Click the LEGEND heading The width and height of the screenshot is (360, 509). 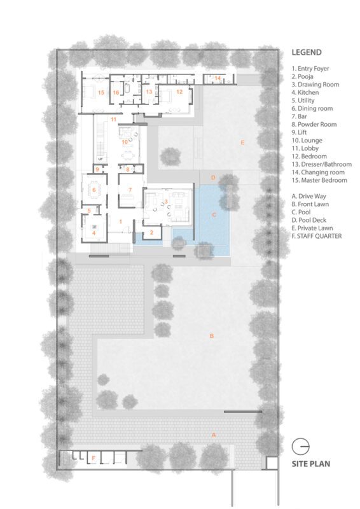(307, 52)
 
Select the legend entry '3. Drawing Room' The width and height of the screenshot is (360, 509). (315, 85)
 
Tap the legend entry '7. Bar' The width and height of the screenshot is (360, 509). (299, 116)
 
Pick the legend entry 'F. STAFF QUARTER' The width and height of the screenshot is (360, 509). (317, 236)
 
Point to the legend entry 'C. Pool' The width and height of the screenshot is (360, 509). (301, 212)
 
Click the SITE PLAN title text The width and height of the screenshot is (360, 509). (310, 464)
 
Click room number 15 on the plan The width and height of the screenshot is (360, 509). (101, 92)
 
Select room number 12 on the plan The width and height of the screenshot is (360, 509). (179, 92)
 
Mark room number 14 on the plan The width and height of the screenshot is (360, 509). (218, 78)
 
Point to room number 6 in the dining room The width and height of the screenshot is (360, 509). (94, 190)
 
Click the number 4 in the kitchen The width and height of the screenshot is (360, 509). (93, 233)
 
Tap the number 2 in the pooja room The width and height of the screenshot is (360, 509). (151, 232)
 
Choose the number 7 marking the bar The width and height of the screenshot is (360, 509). (130, 190)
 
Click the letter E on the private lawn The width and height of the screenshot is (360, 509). (242, 143)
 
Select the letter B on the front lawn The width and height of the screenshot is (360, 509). (212, 336)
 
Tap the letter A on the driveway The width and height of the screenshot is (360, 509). (214, 435)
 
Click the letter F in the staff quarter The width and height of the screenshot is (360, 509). (93, 458)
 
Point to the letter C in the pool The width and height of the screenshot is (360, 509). (214, 214)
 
